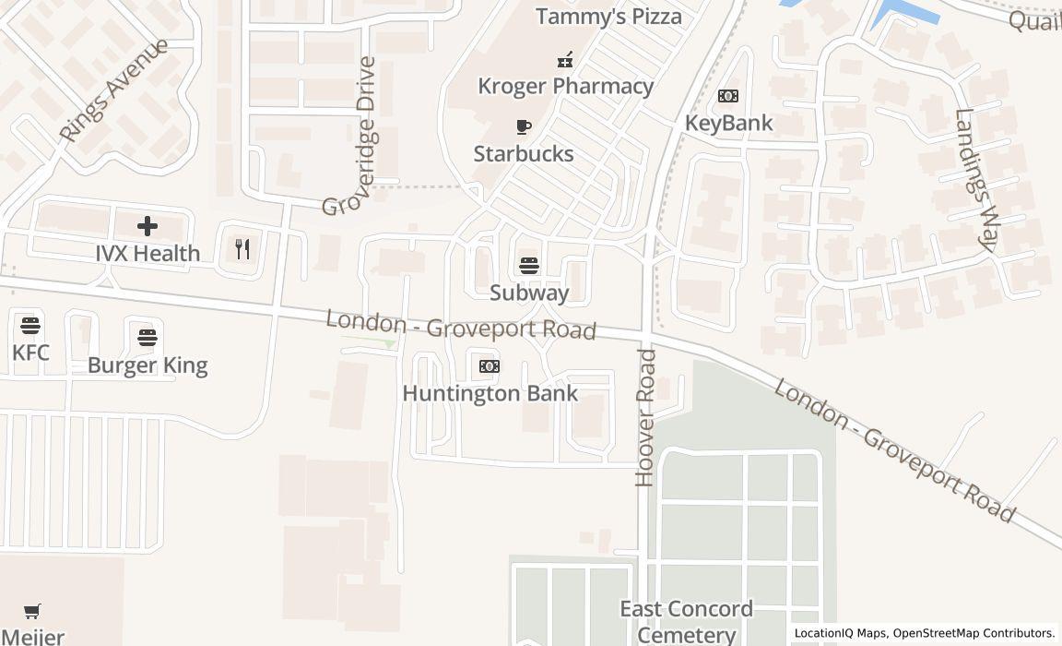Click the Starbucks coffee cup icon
pos(524,127)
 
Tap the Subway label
pos(529,293)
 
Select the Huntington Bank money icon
pos(490,366)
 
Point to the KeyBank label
pos(728,124)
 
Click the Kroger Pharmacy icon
pos(565,60)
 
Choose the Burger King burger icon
pos(147,338)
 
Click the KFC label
pos(30,353)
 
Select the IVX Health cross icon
pos(147,226)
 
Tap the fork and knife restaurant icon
pos(242,248)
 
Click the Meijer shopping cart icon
pos(32,611)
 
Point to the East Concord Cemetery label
pos(686,621)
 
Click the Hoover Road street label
pos(645,417)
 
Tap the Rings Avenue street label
pos(112,90)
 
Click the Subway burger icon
pos(529,266)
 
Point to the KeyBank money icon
pos(728,96)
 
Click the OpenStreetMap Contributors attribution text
pos(973,633)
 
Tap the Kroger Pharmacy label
pos(565,87)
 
